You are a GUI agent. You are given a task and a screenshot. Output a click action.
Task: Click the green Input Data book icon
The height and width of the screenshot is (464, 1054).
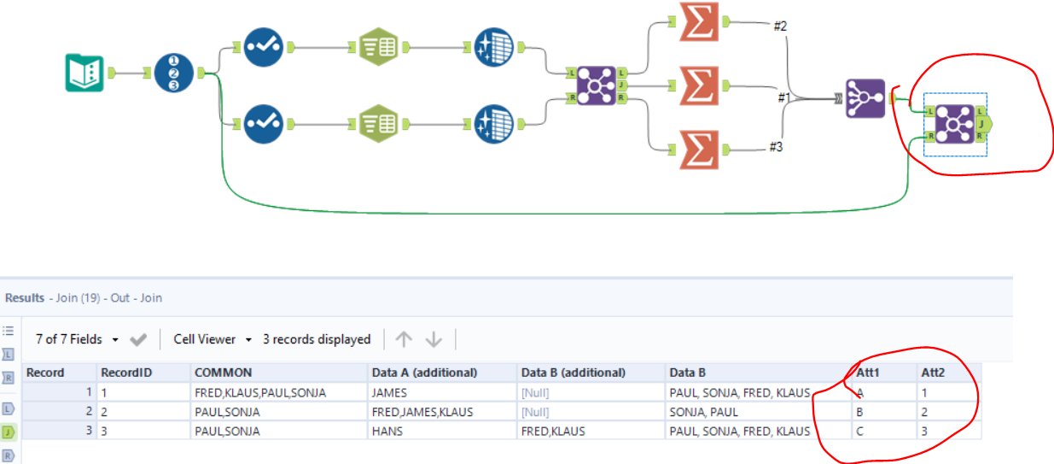point(84,73)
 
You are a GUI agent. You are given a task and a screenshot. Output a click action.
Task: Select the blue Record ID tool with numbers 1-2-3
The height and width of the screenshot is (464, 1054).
point(174,73)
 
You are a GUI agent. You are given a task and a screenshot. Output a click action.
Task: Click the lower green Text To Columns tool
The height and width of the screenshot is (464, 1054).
point(377,124)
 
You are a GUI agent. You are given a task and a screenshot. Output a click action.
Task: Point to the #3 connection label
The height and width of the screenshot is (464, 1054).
point(775,147)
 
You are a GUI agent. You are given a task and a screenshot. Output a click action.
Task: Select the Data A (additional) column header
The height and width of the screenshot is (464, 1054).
point(423,373)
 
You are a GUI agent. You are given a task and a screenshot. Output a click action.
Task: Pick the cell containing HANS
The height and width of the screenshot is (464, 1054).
point(387,431)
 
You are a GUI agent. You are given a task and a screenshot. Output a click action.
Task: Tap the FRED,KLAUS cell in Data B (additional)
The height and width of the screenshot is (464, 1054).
point(553,431)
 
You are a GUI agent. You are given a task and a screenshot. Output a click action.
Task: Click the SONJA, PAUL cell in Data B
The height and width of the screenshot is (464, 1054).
point(704,412)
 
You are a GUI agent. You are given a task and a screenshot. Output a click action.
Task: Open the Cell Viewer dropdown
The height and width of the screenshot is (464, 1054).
point(213,339)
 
